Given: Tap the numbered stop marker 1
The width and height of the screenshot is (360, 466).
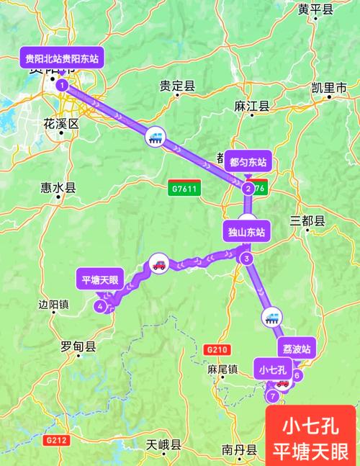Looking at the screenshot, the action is (63, 85).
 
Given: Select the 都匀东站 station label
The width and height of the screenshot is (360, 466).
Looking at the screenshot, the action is (248, 162).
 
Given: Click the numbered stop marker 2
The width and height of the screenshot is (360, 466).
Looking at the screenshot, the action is (248, 189).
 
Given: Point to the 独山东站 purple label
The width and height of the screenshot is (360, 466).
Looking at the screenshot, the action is (247, 232).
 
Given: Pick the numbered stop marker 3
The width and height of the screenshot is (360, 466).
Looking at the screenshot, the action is (246, 259).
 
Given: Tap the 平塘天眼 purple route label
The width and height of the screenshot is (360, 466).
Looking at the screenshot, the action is (100, 279).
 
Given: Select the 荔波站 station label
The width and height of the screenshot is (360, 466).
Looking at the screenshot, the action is (296, 348).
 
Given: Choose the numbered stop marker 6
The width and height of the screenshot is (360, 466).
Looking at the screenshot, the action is (297, 375).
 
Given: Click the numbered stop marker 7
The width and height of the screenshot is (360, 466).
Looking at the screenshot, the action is (272, 396).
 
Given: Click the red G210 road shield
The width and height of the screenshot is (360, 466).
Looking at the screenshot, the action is (216, 349).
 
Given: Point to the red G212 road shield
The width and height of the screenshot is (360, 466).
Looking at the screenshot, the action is (55, 439).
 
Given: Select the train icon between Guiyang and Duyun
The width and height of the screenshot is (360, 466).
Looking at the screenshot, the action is (155, 135).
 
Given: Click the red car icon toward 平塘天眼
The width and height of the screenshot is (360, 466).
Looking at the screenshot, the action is (158, 264).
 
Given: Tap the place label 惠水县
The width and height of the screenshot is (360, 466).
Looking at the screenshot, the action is (58, 189).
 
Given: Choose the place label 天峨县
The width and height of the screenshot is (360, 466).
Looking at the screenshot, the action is (163, 444).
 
